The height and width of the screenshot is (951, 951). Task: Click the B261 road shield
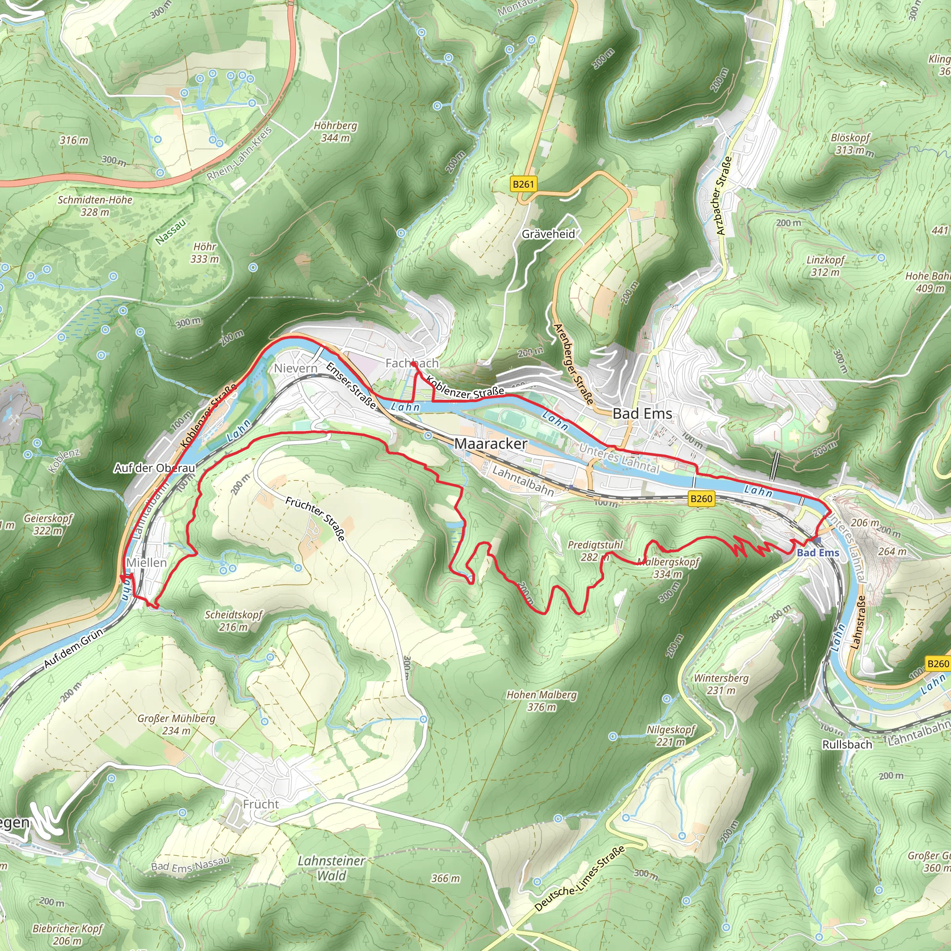pyautogui.click(x=523, y=184)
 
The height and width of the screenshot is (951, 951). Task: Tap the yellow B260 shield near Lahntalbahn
pyautogui.click(x=701, y=499)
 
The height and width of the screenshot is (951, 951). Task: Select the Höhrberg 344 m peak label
pyautogui.click(x=335, y=132)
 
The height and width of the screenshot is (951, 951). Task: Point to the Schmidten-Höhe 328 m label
pyautogui.click(x=95, y=206)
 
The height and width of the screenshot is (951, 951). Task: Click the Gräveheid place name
pyautogui.click(x=548, y=234)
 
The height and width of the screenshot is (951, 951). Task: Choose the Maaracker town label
pyautogui.click(x=490, y=443)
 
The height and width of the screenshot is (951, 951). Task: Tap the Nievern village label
pyautogui.click(x=296, y=368)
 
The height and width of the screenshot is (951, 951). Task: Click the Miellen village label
pyautogui.click(x=146, y=562)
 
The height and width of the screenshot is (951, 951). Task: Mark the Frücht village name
pyautogui.click(x=261, y=804)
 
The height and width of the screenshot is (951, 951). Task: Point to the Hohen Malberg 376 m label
pyautogui.click(x=541, y=701)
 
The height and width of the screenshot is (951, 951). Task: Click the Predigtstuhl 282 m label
pyautogui.click(x=595, y=551)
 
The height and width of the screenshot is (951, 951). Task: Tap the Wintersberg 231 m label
pyautogui.click(x=721, y=684)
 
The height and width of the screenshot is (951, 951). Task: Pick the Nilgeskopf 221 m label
pyautogui.click(x=671, y=736)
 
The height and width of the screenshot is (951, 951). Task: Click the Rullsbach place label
pyautogui.click(x=847, y=745)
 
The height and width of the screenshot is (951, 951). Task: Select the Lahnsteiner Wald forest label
pyautogui.click(x=331, y=868)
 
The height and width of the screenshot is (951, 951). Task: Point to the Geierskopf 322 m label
pyautogui.click(x=48, y=524)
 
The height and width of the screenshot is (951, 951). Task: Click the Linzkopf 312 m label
pyautogui.click(x=826, y=266)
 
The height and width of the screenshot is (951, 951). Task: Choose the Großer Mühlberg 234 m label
pyautogui.click(x=176, y=724)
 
